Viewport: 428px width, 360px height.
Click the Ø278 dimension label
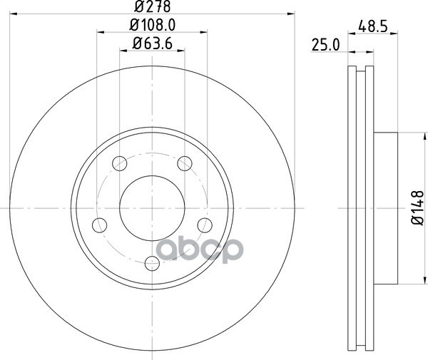point(153,6)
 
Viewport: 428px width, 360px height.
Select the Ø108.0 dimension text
point(153,25)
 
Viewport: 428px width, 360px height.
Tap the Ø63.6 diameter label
point(153,43)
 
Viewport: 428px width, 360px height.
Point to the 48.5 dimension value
point(373,26)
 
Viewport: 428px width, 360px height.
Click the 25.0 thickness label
point(326,45)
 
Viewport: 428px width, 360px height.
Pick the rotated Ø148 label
point(417,207)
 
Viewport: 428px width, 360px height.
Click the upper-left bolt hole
point(120,164)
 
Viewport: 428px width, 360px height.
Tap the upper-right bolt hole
point(185,164)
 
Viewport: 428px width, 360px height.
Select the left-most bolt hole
point(100,225)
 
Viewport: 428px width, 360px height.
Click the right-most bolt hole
point(205,225)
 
